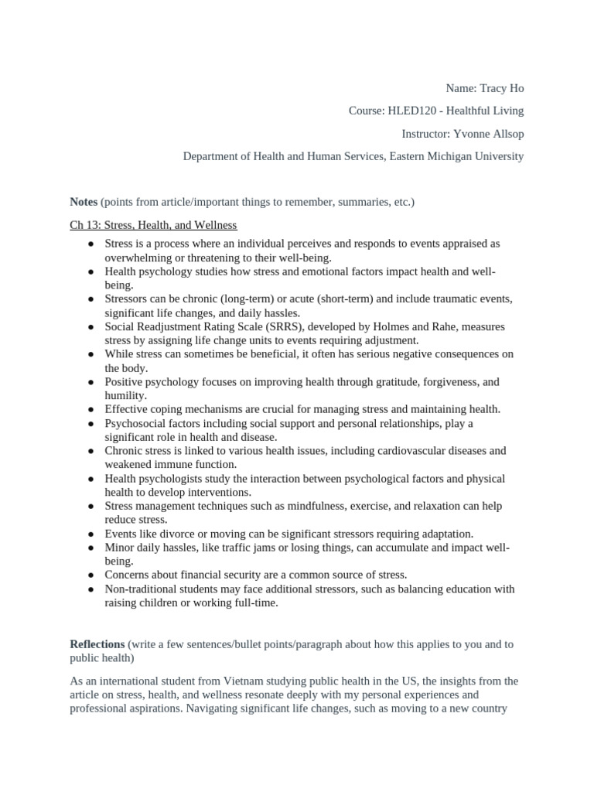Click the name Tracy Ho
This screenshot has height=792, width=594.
tap(501, 89)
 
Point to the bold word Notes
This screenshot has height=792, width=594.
tap(84, 202)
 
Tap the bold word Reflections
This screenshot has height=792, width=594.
tap(97, 644)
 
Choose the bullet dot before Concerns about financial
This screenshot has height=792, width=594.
tap(90, 575)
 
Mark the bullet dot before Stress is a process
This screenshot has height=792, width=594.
tap(90, 244)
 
